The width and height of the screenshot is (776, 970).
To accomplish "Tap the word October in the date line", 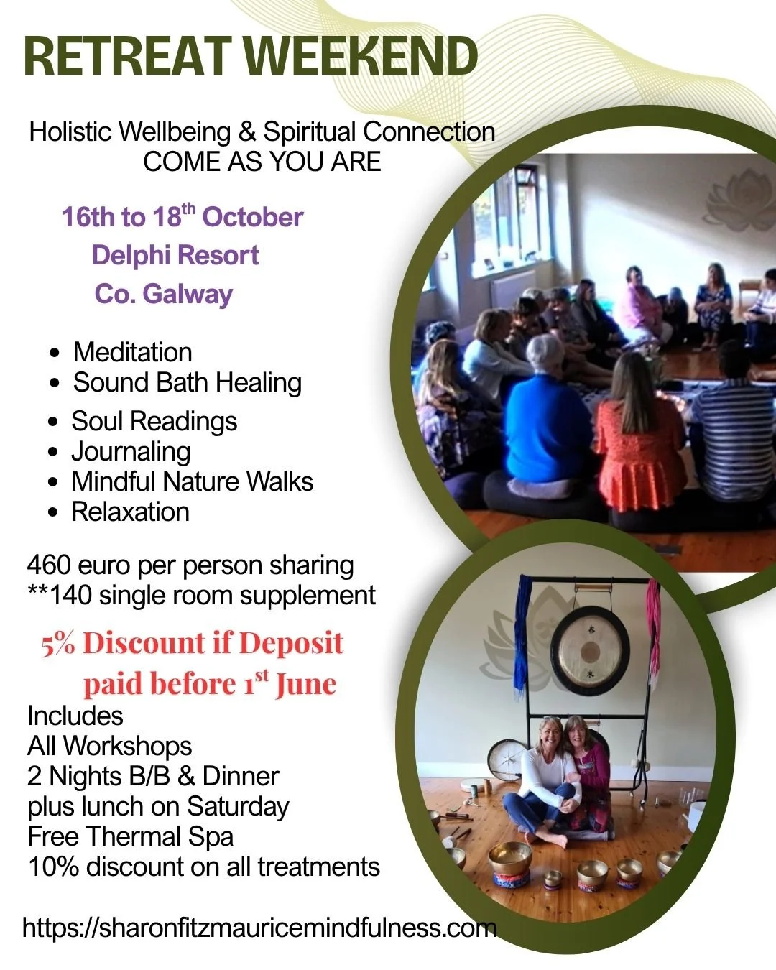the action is [252, 217].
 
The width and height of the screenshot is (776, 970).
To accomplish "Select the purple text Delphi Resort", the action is [175, 255].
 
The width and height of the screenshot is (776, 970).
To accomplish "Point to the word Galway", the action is [187, 295].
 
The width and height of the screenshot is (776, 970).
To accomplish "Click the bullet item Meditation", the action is [132, 352].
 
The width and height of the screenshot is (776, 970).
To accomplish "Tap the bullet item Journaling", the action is [131, 452].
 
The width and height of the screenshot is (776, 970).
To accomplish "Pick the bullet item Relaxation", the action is [130, 512].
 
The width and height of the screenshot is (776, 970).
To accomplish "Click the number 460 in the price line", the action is [49, 565].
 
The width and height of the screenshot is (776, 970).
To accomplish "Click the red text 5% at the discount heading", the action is [58, 643].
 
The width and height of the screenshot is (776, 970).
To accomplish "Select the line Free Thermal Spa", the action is [130, 836].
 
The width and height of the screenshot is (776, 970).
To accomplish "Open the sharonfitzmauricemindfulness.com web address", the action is [259, 928].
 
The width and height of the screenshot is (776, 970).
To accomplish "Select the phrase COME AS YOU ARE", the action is [262, 162].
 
